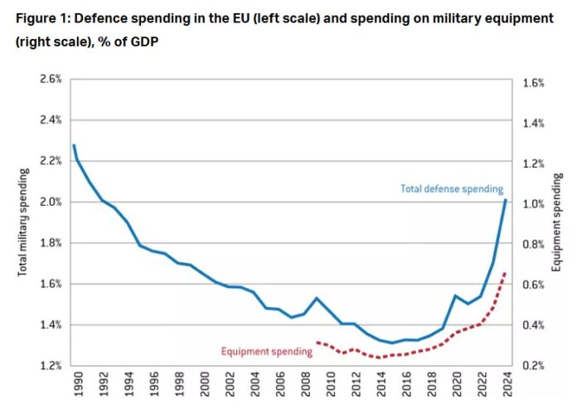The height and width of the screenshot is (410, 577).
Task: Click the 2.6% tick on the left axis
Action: (x=51, y=80)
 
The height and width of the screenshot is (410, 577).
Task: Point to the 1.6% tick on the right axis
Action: (x=532, y=84)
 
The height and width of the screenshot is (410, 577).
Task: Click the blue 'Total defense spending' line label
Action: (x=452, y=189)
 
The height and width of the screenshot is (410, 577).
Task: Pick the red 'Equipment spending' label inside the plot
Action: (x=267, y=352)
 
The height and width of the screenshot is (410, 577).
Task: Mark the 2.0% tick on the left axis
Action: (x=51, y=203)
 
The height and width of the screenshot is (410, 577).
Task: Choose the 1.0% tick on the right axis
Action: (x=532, y=204)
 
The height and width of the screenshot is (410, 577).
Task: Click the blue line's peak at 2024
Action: (x=506, y=200)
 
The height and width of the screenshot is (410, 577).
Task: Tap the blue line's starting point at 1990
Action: (x=74, y=145)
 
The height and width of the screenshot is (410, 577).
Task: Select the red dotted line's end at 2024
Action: (x=506, y=272)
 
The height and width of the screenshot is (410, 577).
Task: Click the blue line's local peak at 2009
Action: (x=316, y=297)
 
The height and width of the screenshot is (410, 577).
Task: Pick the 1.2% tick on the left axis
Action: (x=51, y=366)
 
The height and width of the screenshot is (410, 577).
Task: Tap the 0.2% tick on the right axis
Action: (x=532, y=366)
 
